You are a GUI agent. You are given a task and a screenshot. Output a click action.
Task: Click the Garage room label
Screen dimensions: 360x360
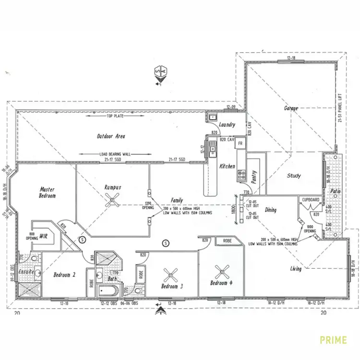(291, 108)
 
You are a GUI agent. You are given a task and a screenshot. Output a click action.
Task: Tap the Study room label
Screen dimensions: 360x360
(294, 176)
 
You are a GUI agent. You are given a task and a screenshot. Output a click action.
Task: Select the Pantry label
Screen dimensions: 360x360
(255, 178)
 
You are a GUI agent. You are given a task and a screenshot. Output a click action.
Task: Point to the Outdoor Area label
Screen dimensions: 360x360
(111, 136)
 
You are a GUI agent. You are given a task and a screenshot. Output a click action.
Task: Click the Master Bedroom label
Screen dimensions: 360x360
(48, 192)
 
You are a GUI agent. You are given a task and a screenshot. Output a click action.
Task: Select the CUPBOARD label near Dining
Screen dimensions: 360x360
(310, 199)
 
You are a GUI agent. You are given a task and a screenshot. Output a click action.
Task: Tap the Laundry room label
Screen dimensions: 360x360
(227, 125)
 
